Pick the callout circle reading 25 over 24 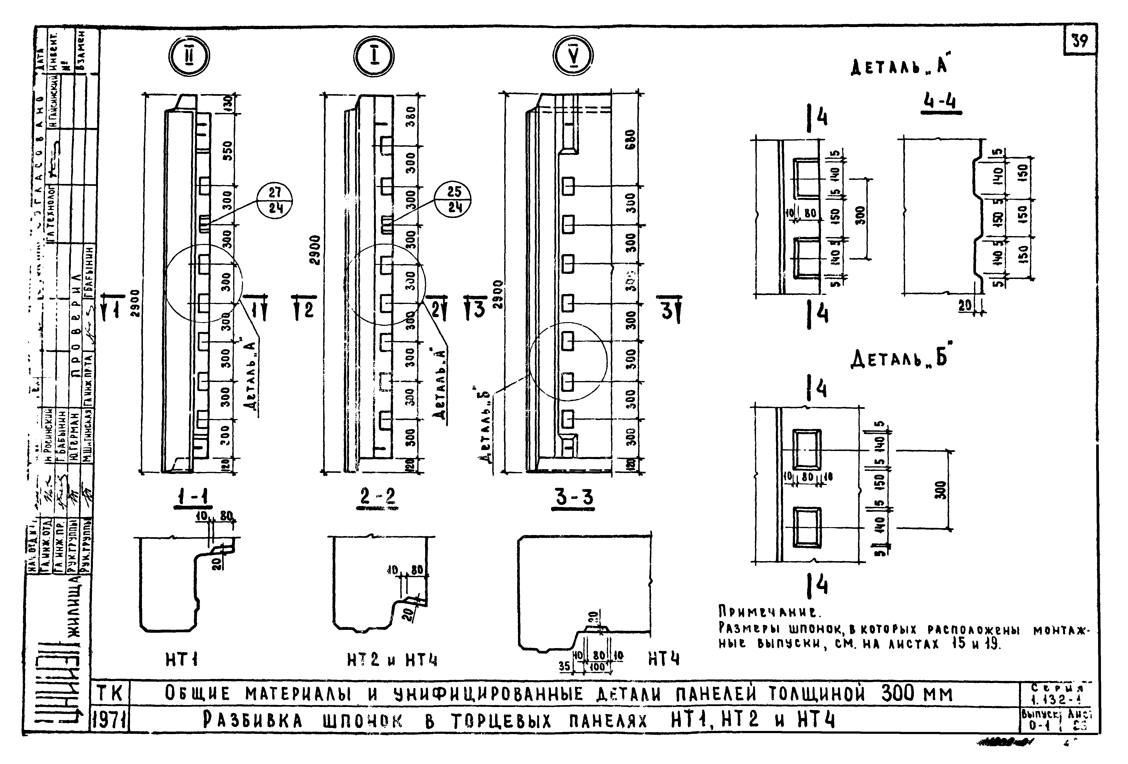453,200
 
